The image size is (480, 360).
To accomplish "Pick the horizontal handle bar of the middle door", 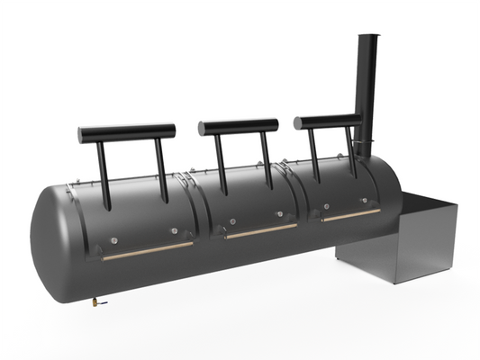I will pos(239,126).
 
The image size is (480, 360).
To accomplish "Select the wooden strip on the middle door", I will pos(261,230).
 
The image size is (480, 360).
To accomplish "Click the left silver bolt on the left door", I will pos(114,238).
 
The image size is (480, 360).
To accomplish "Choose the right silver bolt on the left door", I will pos(174,230).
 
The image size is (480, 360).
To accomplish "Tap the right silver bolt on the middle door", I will pos(279,214).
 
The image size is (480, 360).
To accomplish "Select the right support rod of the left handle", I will pos(162,166).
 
